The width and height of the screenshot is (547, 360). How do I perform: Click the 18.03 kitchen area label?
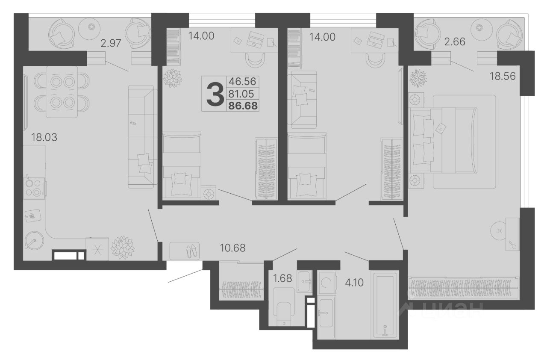tap(44, 137)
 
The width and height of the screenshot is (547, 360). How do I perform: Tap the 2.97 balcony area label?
tap(111, 43)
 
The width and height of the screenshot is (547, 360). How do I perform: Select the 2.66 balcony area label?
tap(455, 42)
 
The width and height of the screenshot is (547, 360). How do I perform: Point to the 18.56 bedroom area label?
tap(503, 76)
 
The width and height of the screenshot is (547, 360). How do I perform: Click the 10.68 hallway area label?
tap(233, 248)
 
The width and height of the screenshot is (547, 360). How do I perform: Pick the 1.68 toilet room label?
tap(282, 278)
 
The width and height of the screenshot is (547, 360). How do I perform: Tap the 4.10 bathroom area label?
tap(354, 283)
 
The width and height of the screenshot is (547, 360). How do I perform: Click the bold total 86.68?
tap(243, 106)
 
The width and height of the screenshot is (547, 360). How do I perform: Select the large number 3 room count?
tap(215, 94)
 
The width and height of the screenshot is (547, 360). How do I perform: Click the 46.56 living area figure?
tap(242, 81)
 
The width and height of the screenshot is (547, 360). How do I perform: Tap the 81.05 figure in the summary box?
tap(241, 94)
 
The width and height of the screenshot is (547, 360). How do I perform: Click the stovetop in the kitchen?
tap(34, 189)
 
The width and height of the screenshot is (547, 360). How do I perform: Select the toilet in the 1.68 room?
tap(283, 307)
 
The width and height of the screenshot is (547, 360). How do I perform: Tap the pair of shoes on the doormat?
tap(192, 251)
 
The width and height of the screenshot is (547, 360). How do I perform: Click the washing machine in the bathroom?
tap(326, 283)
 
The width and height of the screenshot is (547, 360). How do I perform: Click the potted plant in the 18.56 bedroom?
tap(418, 78)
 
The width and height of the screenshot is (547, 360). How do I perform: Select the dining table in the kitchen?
tap(62, 92)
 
